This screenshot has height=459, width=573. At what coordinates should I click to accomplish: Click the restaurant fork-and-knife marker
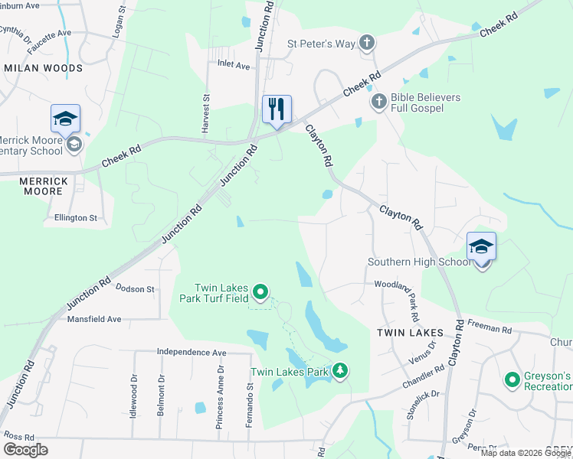277,108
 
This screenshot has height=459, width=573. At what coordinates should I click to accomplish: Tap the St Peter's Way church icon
367,43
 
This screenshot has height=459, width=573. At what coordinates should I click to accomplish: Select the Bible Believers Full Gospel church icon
378,101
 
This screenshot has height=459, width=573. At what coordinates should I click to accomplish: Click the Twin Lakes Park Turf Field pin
260,291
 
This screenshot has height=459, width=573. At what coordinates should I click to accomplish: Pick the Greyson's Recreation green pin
511,379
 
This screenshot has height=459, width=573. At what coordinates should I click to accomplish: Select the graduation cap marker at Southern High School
482,246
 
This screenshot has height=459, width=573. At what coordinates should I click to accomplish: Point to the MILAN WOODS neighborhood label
43,68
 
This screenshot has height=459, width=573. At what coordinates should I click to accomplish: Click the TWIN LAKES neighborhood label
410,333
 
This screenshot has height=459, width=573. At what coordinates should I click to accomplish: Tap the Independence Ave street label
192,352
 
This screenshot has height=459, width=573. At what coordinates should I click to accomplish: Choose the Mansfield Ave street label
94,319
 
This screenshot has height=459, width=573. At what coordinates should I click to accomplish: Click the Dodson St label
135,289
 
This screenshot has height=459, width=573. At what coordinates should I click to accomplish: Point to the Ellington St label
76,217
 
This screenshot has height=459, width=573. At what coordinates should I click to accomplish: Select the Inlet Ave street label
234,66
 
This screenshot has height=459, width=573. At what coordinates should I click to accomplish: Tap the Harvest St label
205,114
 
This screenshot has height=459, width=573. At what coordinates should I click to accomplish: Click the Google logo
25,450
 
